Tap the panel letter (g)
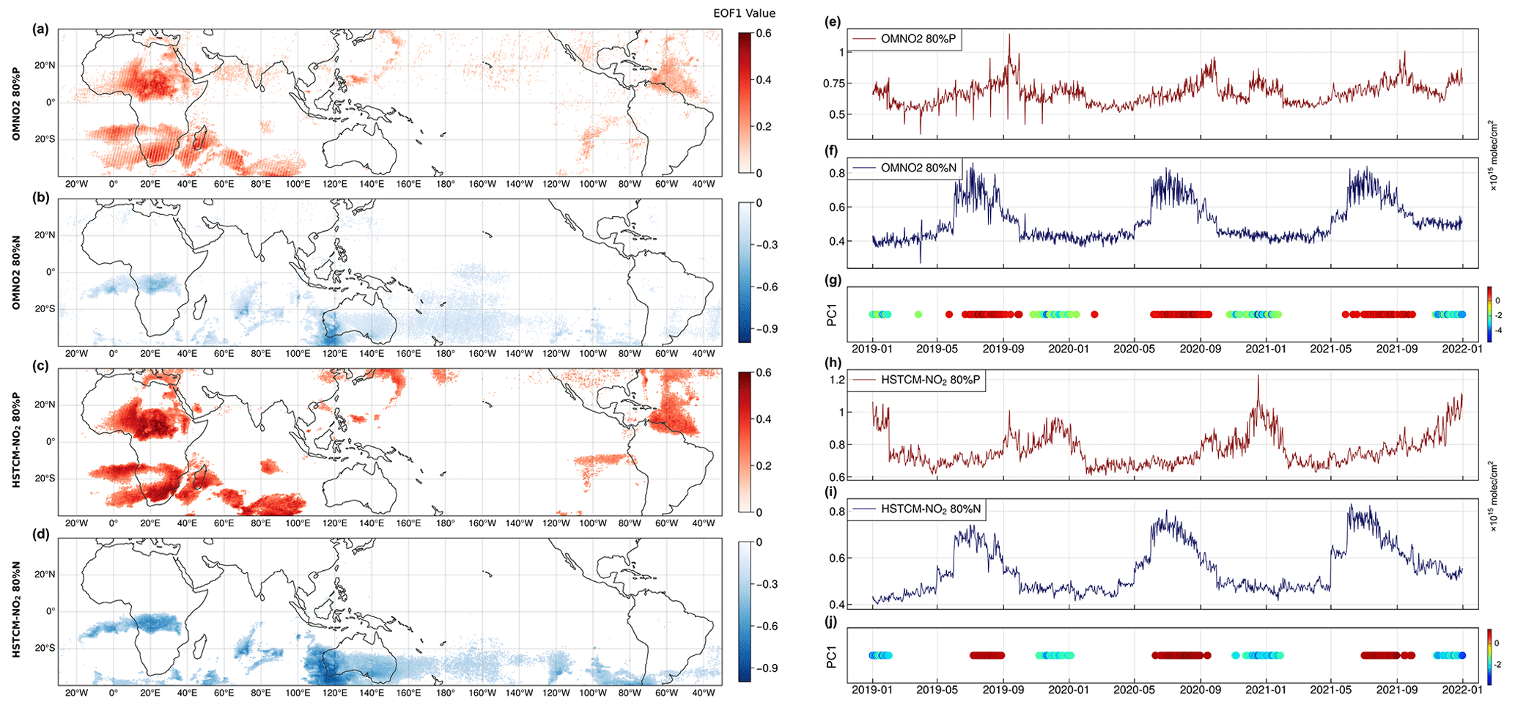coord(833,280)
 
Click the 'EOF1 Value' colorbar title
coord(744,13)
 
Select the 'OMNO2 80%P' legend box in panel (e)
coord(904,40)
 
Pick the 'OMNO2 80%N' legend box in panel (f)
coord(904,168)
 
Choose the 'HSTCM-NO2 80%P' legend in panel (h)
coord(913,380)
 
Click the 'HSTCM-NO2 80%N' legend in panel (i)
coord(913,509)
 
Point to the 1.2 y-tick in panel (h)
coord(836,380)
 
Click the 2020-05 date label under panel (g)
coord(1134,349)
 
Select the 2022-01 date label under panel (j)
coord(1462,690)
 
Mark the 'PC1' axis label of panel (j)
coord(832,656)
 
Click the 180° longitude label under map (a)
coord(446,184)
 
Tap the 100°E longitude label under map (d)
coord(298,693)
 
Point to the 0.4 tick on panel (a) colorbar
coord(763,80)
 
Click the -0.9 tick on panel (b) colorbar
coord(767,329)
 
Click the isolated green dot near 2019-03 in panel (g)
coord(918,314)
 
